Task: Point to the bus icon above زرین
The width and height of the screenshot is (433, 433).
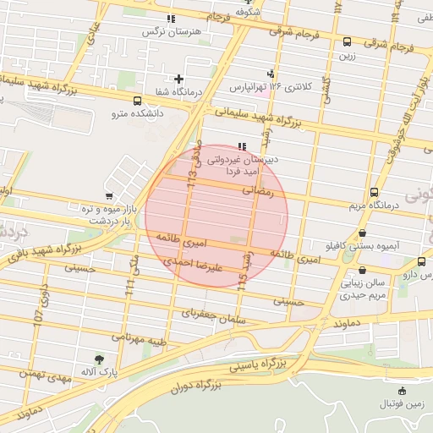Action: click(347, 41)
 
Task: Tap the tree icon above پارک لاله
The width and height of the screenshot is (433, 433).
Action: click(100, 359)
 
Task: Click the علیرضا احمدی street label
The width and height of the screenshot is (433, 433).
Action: click(193, 266)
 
